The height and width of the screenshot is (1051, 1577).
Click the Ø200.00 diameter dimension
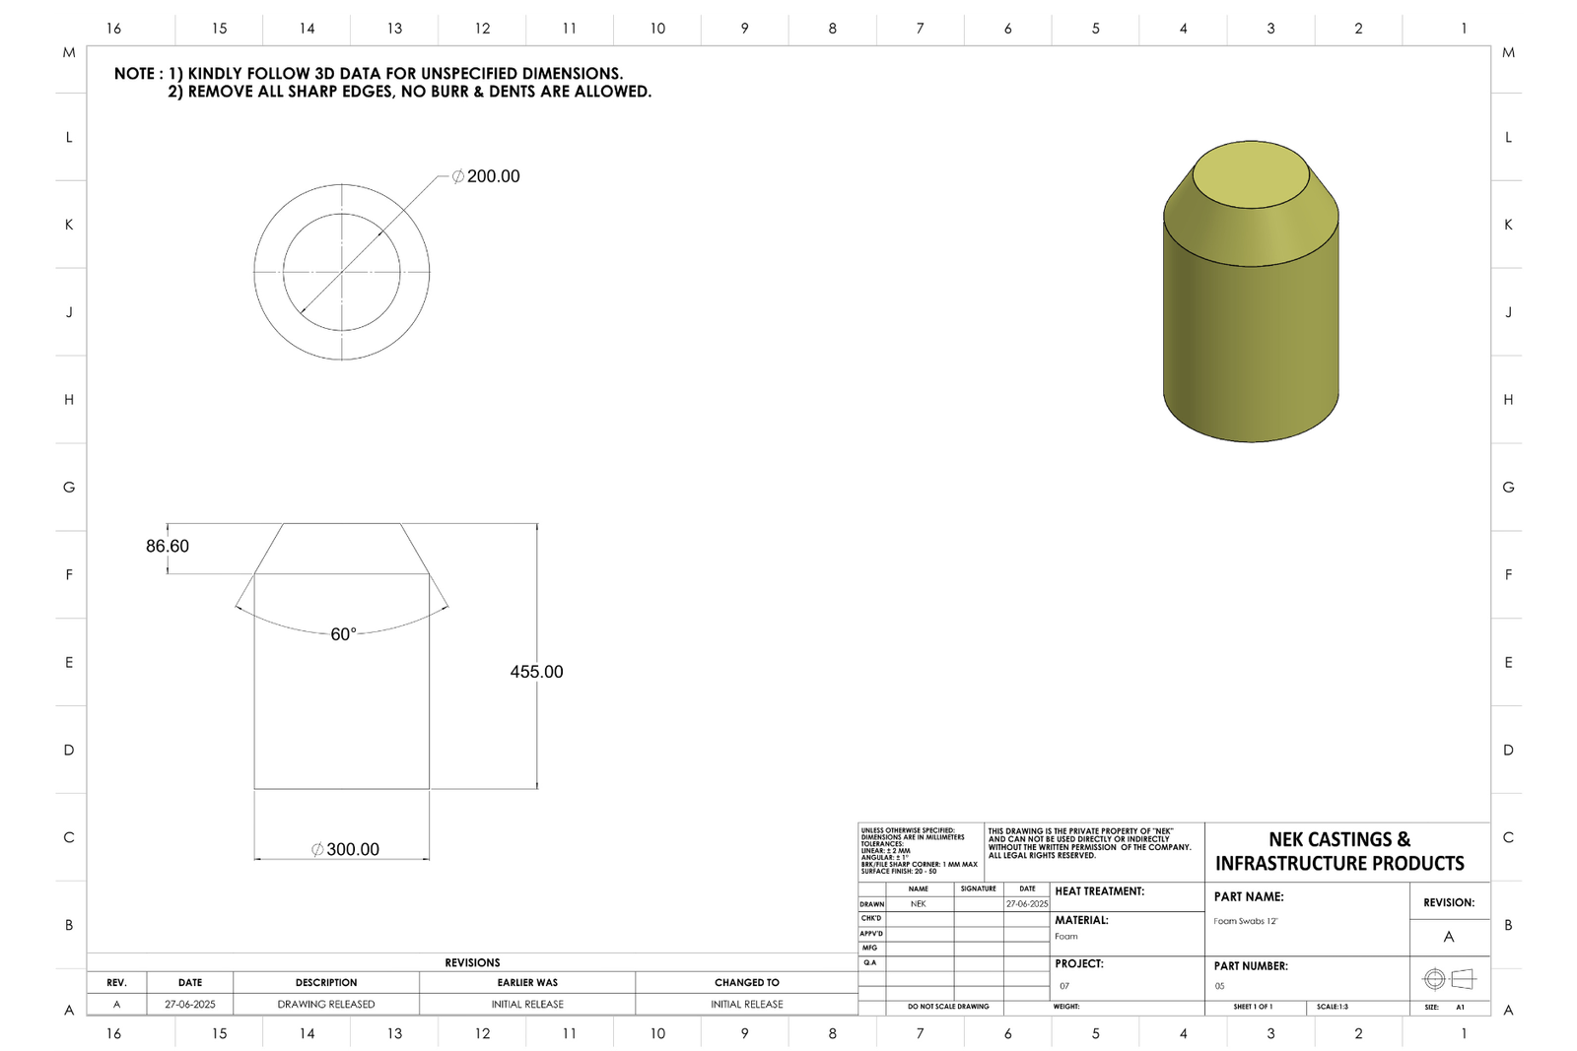486,176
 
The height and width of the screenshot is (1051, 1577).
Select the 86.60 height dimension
168,546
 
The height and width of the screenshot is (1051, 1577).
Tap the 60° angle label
343,634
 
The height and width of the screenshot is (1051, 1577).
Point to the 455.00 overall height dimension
536,672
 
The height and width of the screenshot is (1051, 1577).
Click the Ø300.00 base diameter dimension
345,849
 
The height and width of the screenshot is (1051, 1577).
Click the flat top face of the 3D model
1251,176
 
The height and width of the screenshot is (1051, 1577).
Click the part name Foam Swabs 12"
1246,921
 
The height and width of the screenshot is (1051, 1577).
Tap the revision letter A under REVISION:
1449,937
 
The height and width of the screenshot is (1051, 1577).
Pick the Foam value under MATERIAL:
1066,937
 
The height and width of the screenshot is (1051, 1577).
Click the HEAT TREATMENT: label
1099,891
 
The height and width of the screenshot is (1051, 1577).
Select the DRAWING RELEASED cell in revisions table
326,1004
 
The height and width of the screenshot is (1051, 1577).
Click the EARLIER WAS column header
527,982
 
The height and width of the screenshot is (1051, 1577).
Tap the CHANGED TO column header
746,982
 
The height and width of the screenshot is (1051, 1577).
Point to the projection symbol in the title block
1449,979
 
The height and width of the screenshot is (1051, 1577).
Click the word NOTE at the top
134,74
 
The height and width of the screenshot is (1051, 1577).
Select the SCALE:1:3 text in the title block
1333,1007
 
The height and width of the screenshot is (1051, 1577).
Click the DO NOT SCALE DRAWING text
948,1007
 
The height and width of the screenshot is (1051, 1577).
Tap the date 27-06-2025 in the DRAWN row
1027,903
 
